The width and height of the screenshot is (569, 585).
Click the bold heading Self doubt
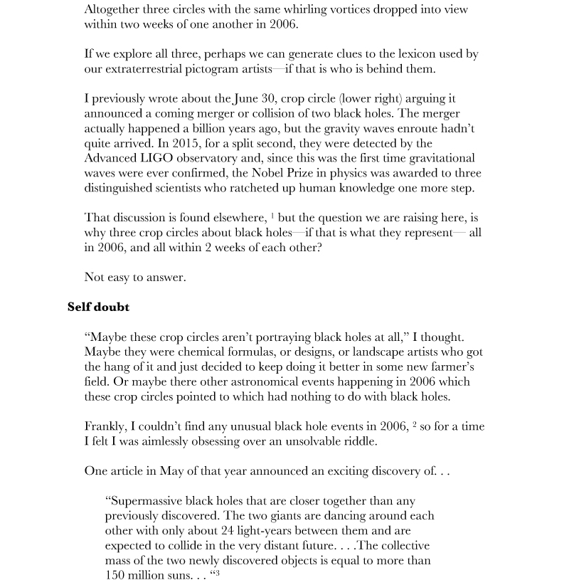[x=98, y=307]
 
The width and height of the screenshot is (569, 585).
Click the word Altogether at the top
[x=112, y=10]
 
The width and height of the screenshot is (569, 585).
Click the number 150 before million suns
[x=116, y=575]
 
